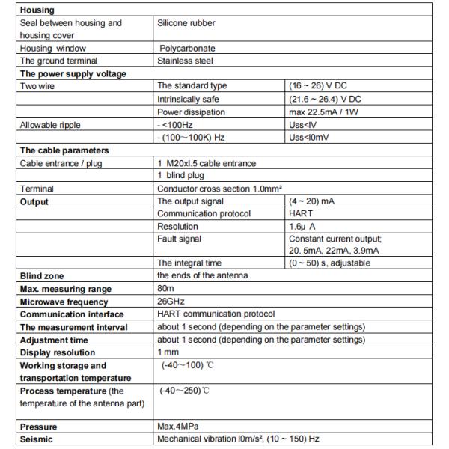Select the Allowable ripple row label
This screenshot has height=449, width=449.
[x=51, y=124]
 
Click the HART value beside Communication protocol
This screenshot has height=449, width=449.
[x=303, y=213]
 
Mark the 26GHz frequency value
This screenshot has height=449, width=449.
[x=170, y=302]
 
